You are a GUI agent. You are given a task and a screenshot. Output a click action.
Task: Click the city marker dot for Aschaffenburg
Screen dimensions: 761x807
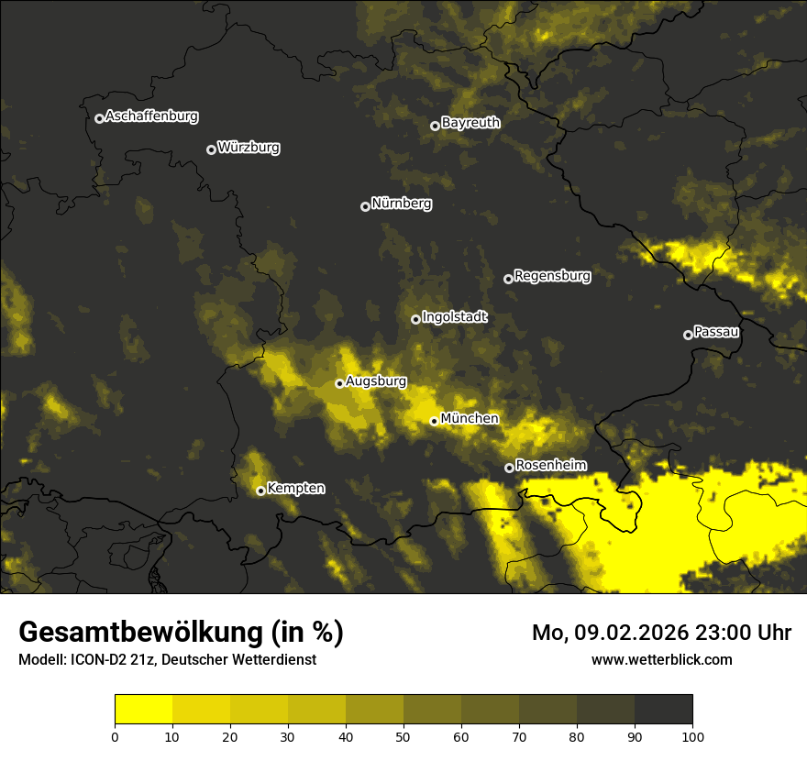tap(99, 118)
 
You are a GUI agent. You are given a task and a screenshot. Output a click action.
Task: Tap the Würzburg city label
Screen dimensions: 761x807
tap(249, 148)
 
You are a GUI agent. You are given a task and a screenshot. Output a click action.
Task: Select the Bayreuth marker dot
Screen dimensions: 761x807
tap(435, 126)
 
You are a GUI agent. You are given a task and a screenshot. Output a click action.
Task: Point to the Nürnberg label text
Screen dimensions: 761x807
tap(401, 204)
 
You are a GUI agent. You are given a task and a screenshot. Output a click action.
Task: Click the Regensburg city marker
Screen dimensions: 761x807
tap(508, 279)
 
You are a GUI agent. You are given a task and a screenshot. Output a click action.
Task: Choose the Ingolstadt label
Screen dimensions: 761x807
tap(454, 317)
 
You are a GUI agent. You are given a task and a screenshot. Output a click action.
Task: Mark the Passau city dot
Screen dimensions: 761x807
tap(688, 335)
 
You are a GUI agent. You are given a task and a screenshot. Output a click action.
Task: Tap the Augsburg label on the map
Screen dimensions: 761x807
tap(376, 381)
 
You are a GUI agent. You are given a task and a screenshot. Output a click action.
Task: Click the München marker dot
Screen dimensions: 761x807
tap(434, 421)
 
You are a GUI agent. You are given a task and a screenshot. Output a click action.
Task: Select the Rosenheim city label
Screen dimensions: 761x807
tap(550, 466)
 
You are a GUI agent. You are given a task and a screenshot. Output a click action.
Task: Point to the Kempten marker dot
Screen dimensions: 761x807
tap(260, 491)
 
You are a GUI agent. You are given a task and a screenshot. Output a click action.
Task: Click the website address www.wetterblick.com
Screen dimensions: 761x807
tap(661, 659)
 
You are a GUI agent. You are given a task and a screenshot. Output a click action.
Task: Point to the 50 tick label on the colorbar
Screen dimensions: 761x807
tap(403, 735)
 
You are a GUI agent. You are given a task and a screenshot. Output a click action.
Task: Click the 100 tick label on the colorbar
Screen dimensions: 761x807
tap(692, 735)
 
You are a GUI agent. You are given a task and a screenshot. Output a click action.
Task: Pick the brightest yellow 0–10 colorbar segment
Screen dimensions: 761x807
tap(143, 710)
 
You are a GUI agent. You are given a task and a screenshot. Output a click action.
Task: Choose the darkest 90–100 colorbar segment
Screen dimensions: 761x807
tap(663, 710)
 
